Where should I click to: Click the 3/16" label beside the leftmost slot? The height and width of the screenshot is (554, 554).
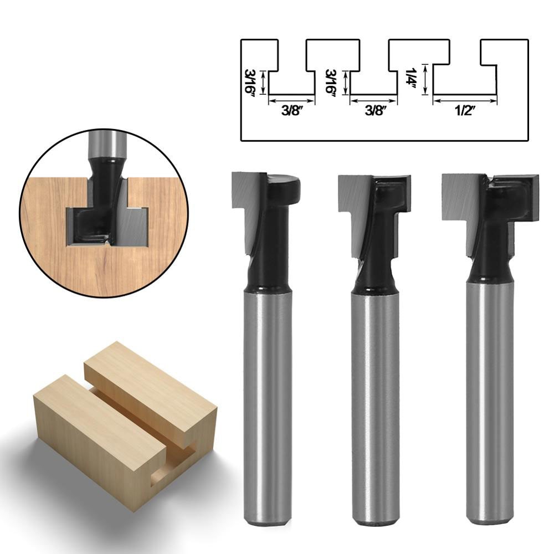250,82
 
